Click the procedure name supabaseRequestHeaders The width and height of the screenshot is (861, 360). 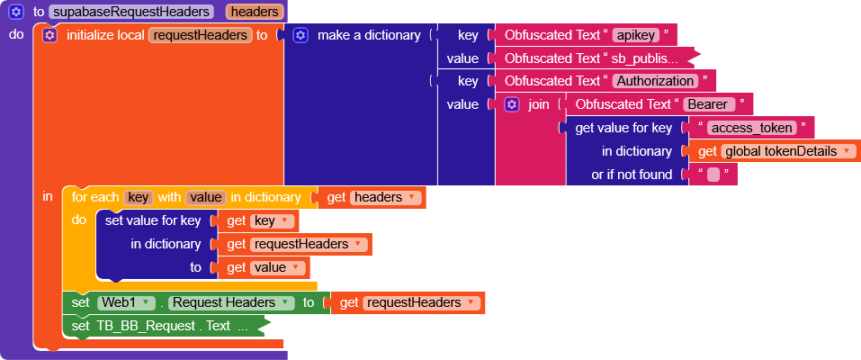(131, 13)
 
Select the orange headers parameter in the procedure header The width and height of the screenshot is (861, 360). (255, 13)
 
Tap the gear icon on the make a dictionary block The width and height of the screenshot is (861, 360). (300, 35)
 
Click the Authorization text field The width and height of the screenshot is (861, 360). (654, 81)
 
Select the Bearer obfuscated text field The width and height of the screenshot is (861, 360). (710, 104)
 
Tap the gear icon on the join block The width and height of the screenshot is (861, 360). (512, 104)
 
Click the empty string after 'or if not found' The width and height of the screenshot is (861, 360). (713, 175)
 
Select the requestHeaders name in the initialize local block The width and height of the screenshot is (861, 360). (200, 35)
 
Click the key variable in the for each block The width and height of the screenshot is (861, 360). (138, 197)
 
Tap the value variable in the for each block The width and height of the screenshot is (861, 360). (205, 197)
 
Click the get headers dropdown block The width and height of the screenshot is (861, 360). (372, 197)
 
